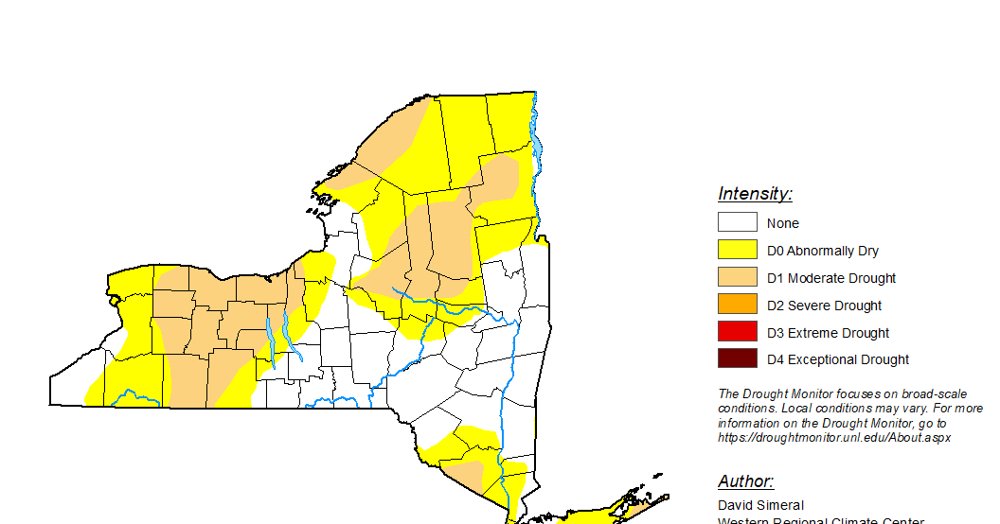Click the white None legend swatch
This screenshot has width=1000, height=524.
pos(737,222)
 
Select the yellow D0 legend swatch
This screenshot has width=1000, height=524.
pos(737,250)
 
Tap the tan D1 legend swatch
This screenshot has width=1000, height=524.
pos(737,277)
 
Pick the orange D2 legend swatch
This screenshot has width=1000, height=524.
pos(737,305)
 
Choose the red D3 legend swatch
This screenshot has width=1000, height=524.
pos(737,332)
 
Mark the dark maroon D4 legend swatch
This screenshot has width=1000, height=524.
pos(737,358)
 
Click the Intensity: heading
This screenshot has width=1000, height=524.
pos(755,194)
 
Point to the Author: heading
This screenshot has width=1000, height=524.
pos(745,481)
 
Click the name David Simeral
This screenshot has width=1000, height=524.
pos(760,505)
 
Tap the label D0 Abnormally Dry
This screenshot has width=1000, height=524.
pos(823,251)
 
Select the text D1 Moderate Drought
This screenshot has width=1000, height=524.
pos(831,278)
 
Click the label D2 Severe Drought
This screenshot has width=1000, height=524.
pos(824,306)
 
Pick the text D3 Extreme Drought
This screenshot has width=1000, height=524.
pos(828,333)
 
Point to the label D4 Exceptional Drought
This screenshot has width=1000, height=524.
pos(838,359)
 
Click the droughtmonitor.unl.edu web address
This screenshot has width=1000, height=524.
pos(833,438)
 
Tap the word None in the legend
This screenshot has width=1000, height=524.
pos(783,223)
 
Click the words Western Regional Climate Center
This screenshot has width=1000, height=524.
pos(820,519)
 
